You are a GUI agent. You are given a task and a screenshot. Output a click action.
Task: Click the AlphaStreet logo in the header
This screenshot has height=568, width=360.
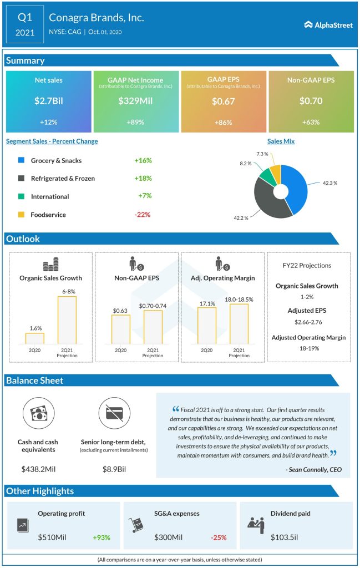pos(328,24)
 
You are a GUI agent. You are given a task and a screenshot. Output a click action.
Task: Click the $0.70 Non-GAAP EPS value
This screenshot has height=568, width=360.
pos(311,101)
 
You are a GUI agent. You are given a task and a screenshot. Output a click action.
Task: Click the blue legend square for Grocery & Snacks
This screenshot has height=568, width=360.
pos(21,160)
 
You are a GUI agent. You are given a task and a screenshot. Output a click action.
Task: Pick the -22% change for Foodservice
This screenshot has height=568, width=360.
pos(142,214)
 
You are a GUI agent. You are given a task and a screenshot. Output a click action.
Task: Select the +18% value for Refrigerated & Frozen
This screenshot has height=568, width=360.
pos(143,178)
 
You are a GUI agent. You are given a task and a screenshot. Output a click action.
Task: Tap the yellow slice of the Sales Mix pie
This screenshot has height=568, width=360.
pos(275,173)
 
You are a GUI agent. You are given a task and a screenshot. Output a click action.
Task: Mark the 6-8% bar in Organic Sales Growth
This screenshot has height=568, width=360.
pos(67,319)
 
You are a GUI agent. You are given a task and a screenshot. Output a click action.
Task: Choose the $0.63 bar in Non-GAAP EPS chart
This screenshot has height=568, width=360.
pos(121,330)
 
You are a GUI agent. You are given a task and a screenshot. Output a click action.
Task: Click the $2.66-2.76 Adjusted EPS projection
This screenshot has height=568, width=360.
pos(308,321)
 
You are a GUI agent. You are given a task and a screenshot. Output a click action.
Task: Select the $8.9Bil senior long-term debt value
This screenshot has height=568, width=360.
pos(114,469)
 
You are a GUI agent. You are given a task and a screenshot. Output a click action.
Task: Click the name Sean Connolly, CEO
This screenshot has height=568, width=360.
pos(313,469)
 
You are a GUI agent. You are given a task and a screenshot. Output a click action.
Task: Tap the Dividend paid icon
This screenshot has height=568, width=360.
pos(256,523)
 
